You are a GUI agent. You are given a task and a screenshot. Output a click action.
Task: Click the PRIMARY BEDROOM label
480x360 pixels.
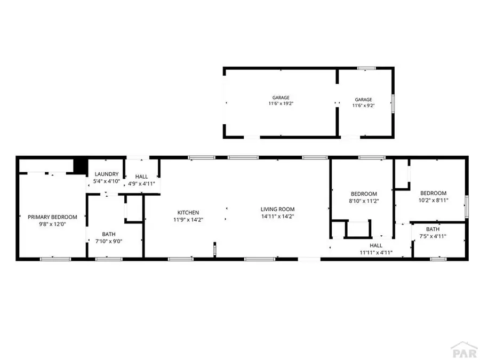52,217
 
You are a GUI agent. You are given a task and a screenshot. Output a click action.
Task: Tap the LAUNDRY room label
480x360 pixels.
106,174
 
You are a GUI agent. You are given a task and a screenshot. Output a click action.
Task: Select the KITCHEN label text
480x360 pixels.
188,212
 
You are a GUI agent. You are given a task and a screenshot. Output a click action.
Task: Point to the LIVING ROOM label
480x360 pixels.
277,209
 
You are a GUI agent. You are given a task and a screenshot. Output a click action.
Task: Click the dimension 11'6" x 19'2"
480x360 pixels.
281,104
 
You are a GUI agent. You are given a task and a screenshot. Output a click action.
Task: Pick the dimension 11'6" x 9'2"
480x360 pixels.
363,106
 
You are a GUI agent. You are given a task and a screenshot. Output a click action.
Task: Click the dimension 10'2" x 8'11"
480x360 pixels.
433,201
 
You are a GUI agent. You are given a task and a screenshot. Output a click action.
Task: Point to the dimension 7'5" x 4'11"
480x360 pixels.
433,236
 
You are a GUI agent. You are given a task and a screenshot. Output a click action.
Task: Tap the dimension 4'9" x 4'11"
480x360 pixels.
141,184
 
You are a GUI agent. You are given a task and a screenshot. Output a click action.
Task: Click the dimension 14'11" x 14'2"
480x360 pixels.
277,217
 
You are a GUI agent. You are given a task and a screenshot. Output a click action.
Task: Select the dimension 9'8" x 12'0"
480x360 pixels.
52,225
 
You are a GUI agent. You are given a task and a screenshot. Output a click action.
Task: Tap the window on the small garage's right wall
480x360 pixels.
393,103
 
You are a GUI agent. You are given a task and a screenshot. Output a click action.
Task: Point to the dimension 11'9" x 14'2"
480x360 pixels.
188,220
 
